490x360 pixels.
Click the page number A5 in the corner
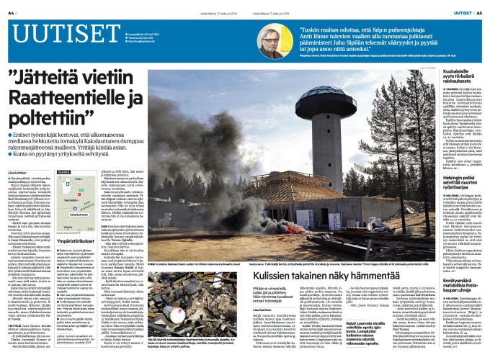tap(478, 12)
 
